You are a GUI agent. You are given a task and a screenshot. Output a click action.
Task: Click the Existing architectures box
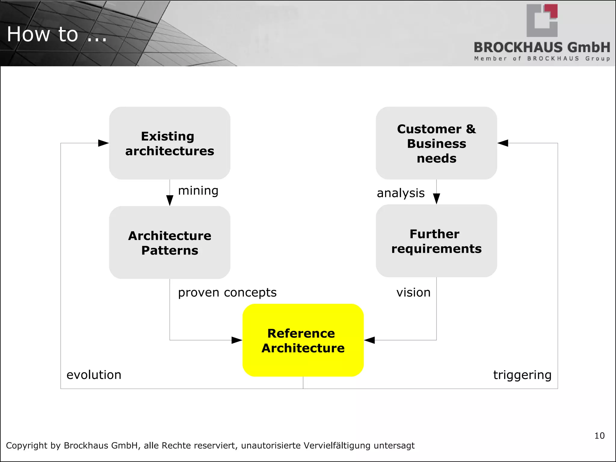pos(170,143)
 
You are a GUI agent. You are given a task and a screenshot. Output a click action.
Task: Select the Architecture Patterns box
pos(170,242)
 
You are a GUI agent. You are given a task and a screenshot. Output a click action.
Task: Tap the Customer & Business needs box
pos(436,143)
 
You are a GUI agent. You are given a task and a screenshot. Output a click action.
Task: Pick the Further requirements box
pos(436,241)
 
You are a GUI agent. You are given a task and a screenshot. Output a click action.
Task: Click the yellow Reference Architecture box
pos(303,340)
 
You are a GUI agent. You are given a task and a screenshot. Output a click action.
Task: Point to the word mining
pos(198,191)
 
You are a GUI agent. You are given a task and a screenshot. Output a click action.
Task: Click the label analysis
pos(401,193)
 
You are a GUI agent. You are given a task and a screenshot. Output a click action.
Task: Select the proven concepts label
pos(227,292)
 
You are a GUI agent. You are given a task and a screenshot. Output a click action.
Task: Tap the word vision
pos(413,292)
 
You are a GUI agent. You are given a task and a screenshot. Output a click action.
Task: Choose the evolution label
pos(94,375)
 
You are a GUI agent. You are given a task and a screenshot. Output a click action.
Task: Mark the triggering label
pos(522,375)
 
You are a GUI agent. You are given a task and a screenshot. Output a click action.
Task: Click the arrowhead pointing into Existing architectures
pos(103,143)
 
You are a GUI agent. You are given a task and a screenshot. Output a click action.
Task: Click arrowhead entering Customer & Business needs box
pos(503,143)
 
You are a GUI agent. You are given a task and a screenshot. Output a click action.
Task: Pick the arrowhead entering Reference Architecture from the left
pos(237,340)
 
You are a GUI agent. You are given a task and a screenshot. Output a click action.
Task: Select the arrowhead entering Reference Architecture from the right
pos(370,340)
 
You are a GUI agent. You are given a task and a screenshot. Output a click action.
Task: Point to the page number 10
pos(599,436)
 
